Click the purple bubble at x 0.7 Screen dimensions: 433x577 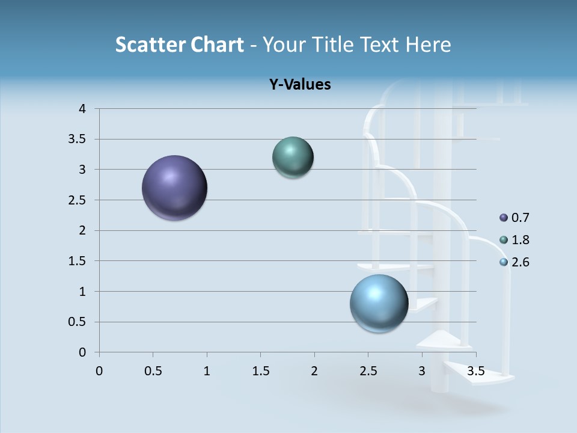175,188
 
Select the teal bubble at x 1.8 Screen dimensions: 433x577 293,158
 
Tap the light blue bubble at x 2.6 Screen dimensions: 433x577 379,303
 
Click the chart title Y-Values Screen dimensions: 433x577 300,85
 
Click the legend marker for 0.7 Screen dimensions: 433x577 504,218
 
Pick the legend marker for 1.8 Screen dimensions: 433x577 504,240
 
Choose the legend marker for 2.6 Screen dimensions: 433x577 504,262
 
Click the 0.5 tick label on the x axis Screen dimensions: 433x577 153,371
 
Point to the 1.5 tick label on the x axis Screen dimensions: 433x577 260,371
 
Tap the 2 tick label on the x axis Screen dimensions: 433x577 314,371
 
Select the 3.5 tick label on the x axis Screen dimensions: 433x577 475,371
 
